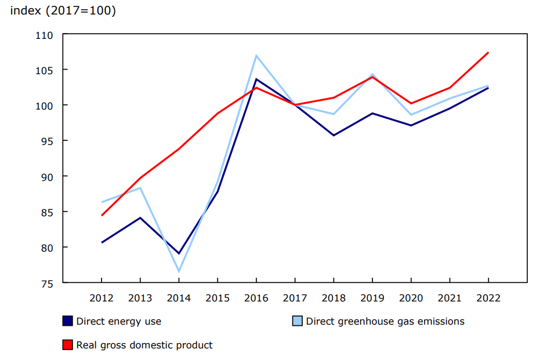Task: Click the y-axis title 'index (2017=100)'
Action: click(63, 11)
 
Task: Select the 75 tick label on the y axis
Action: click(47, 283)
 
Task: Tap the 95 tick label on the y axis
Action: click(47, 141)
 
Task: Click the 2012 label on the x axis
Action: click(102, 298)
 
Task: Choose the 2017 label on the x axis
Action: click(295, 298)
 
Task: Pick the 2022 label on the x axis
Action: click(488, 298)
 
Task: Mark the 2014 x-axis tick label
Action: click(179, 298)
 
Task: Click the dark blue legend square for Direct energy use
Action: click(67, 321)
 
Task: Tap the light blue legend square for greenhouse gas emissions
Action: click(297, 321)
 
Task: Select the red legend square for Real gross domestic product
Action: click(67, 345)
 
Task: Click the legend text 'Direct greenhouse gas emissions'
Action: click(385, 321)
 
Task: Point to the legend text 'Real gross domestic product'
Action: click(144, 345)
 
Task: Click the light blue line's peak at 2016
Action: click(256, 56)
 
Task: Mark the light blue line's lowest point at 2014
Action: click(179, 271)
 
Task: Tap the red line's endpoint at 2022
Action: click(488, 53)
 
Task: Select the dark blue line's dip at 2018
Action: click(334, 135)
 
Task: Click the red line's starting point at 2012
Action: click(102, 215)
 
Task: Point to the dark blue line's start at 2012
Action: click(102, 242)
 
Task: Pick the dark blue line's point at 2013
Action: click(140, 218)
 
